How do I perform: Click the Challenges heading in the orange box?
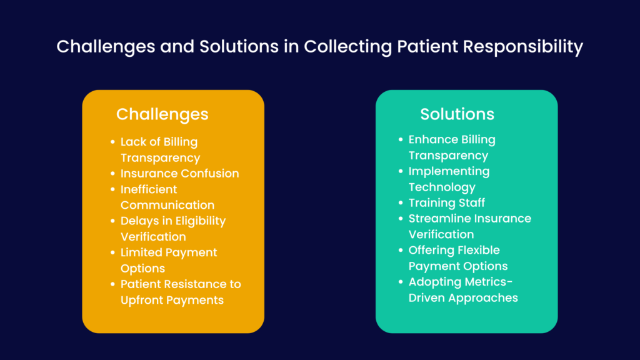(162, 114)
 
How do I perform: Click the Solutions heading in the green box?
(457, 114)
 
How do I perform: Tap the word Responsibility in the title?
(523, 47)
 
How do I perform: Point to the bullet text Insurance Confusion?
(179, 174)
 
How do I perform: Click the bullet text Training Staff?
(446, 202)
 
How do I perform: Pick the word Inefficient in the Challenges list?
(149, 189)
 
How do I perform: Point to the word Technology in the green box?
(442, 187)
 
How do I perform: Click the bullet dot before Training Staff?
(400, 203)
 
